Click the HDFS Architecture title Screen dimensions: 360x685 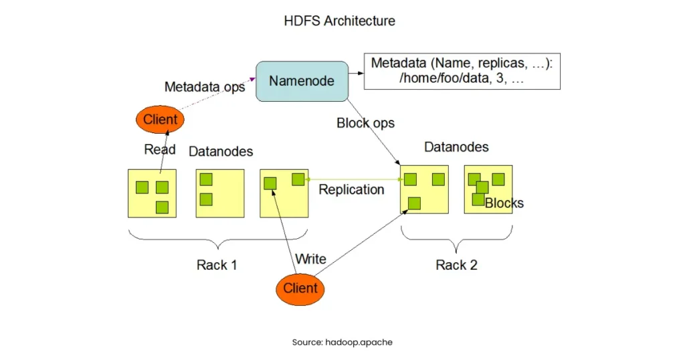coord(340,21)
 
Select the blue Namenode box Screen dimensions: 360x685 coord(302,81)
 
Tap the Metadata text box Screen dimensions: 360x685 coord(462,71)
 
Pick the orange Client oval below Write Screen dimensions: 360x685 coord(300,288)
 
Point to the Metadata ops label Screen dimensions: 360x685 coord(205,87)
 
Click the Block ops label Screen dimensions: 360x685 coord(365,123)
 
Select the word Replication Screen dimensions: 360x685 coord(351,189)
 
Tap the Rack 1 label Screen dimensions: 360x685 coord(217,265)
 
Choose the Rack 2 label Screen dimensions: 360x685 coord(456,265)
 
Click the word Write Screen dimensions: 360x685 coord(310,259)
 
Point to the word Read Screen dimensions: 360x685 coord(160,149)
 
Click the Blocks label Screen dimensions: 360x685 coord(504,203)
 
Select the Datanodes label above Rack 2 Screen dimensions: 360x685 coord(456,147)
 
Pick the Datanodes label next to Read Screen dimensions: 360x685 coord(221,151)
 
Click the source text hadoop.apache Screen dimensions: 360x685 coord(342,342)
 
